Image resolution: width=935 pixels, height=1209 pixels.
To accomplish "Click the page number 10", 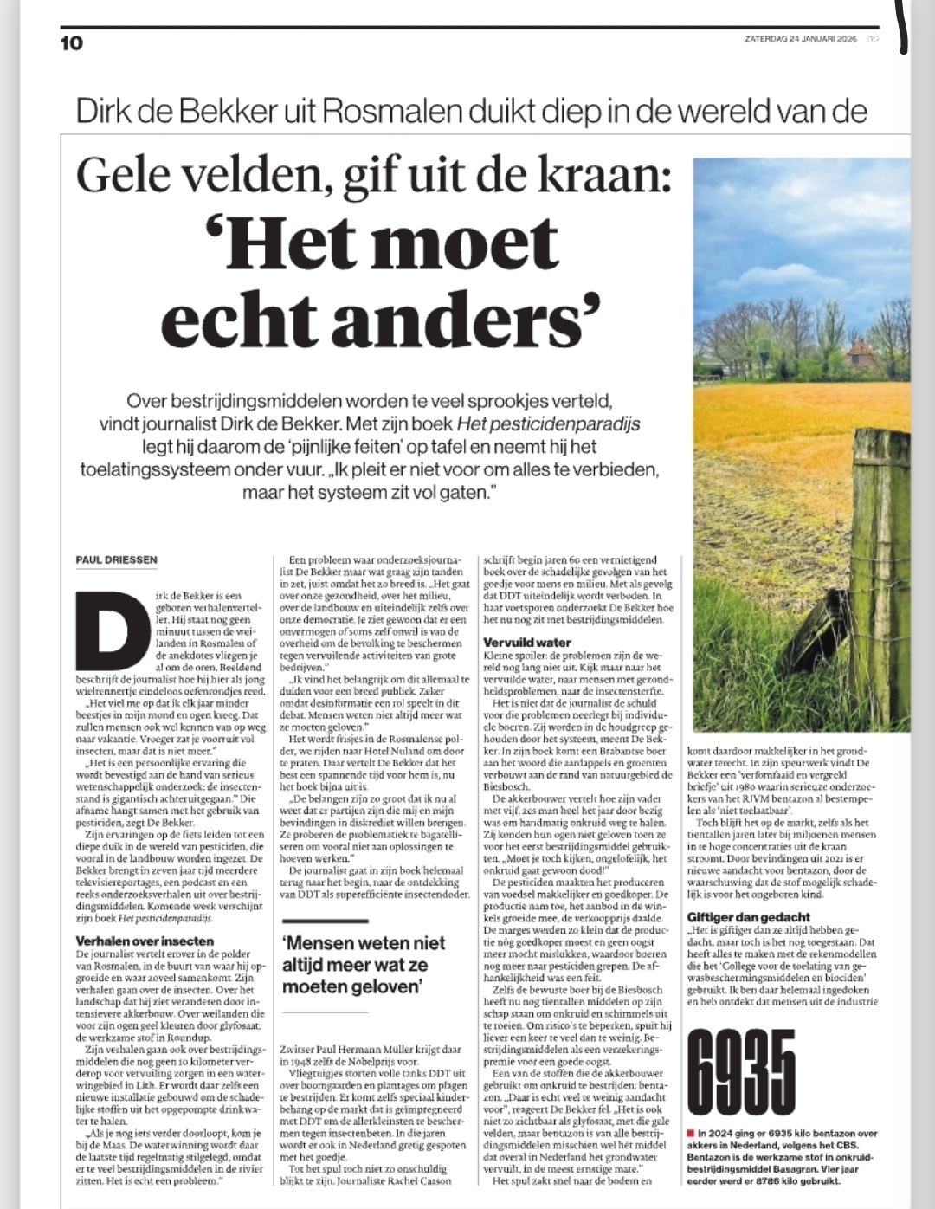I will pyautogui.click(x=72, y=42).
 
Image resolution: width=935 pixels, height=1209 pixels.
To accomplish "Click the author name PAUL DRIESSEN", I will pyautogui.click(x=116, y=559).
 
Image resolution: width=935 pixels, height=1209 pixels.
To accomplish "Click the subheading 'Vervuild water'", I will pyautogui.click(x=527, y=643).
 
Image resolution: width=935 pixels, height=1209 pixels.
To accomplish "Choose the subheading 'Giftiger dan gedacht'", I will pyautogui.click(x=748, y=916).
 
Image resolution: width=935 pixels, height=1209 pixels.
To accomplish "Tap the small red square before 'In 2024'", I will pyautogui.click(x=690, y=1133).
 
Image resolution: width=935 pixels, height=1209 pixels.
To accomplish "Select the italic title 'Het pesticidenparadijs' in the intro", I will pyautogui.click(x=548, y=424).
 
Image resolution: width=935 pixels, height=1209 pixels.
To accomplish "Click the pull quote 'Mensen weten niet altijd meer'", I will pyautogui.click(x=364, y=964).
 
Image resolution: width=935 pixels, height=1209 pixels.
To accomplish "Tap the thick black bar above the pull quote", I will pyautogui.click(x=325, y=921).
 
